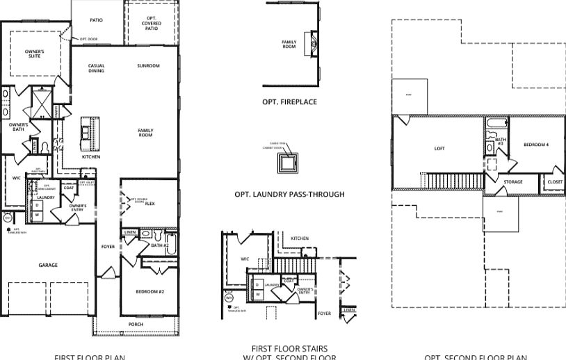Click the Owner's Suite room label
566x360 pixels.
(x=35, y=54)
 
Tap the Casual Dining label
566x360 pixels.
(x=97, y=68)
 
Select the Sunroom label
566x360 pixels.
(x=148, y=66)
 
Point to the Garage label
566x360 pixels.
(x=48, y=265)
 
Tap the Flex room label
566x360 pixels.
(x=149, y=203)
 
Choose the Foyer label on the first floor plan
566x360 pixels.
(x=108, y=247)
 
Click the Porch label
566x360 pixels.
(x=137, y=324)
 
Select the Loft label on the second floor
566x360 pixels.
(x=439, y=148)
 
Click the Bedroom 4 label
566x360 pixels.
(x=536, y=145)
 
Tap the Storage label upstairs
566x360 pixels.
(x=513, y=182)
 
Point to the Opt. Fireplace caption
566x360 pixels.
(x=289, y=102)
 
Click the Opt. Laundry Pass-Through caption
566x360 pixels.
(x=289, y=195)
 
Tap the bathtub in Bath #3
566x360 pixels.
(x=495, y=125)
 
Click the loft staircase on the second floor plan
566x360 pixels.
(x=452, y=181)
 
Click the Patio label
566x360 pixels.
(x=96, y=20)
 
